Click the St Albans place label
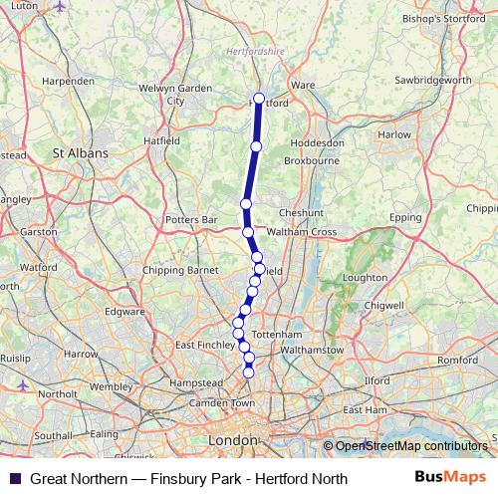[81, 154]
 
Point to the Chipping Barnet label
[181, 269]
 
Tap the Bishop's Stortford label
[443, 18]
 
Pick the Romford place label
[457, 359]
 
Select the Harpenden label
[69, 80]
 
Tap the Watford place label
[39, 268]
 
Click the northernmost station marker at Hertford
[259, 99]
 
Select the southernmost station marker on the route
[249, 373]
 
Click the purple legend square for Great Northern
[14, 479]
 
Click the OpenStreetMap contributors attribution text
[411, 446]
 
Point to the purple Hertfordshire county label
[254, 49]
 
